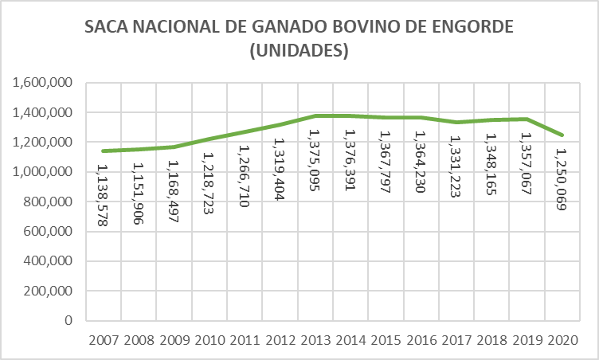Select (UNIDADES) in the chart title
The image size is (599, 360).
tap(299, 51)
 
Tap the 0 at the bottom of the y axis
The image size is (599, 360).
tap(69, 321)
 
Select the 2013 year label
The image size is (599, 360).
tap(315, 340)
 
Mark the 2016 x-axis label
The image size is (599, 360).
tap(422, 340)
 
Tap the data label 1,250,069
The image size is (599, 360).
tap(563, 179)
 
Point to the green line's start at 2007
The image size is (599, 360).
tap(103, 151)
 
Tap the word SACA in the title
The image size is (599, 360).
tap(108, 28)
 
